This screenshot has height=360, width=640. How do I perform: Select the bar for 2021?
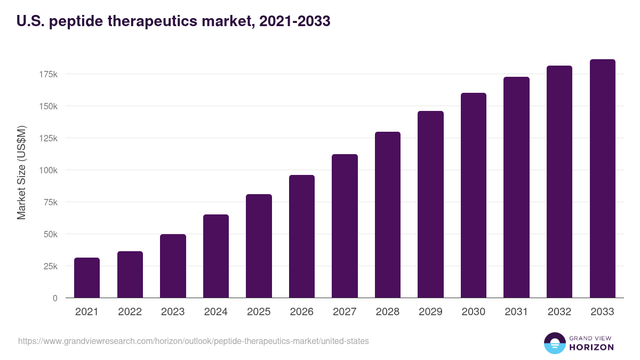(87, 278)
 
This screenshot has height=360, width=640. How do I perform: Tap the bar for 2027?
(345, 226)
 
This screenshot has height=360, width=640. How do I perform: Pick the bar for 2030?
(474, 195)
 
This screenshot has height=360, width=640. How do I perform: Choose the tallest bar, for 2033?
(602, 179)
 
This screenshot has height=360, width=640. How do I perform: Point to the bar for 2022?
(130, 275)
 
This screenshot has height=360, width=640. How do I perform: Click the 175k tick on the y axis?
(48, 74)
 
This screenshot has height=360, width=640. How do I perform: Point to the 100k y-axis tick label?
(48, 170)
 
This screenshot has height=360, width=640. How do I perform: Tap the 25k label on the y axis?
(50, 266)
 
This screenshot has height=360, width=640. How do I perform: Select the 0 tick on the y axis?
(55, 298)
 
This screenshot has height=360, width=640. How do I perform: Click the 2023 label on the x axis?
(173, 312)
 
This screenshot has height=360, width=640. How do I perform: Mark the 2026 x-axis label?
(302, 312)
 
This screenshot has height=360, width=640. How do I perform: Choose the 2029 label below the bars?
(430, 312)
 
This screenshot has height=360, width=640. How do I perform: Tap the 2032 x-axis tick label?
(559, 312)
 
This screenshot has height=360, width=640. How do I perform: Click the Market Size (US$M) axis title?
(21, 173)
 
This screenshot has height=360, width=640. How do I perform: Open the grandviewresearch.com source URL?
(193, 341)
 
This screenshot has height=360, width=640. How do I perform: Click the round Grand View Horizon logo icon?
(554, 343)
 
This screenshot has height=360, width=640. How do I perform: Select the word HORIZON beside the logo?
(591, 347)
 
